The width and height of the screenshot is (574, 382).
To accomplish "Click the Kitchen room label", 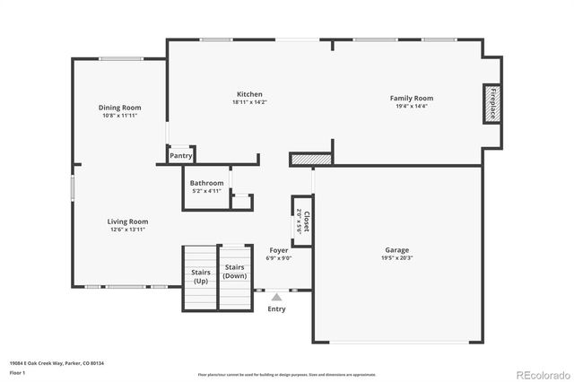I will [x=249, y=94].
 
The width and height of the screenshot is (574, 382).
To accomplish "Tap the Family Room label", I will [x=411, y=98].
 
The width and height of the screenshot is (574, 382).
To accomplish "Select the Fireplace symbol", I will [x=491, y=103].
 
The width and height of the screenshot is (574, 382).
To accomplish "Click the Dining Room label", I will [x=119, y=108].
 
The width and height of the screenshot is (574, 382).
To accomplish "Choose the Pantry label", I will [x=180, y=155].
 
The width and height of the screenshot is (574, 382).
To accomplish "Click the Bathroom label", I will [x=206, y=183].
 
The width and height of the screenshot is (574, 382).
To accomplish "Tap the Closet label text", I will [x=306, y=220].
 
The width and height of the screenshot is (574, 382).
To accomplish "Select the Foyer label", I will [x=278, y=250].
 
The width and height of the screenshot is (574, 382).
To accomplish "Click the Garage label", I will [x=397, y=250].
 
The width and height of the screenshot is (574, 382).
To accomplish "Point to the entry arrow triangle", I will [x=277, y=296].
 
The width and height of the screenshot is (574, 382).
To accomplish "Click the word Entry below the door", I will [x=277, y=308].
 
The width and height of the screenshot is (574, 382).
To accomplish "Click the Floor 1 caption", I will [x=18, y=371].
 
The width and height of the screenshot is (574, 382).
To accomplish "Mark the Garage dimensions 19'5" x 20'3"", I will [x=397, y=258].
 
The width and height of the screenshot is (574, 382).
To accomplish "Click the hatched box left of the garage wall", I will [x=311, y=159].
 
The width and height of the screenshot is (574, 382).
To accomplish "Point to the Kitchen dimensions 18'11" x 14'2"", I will [x=249, y=102].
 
